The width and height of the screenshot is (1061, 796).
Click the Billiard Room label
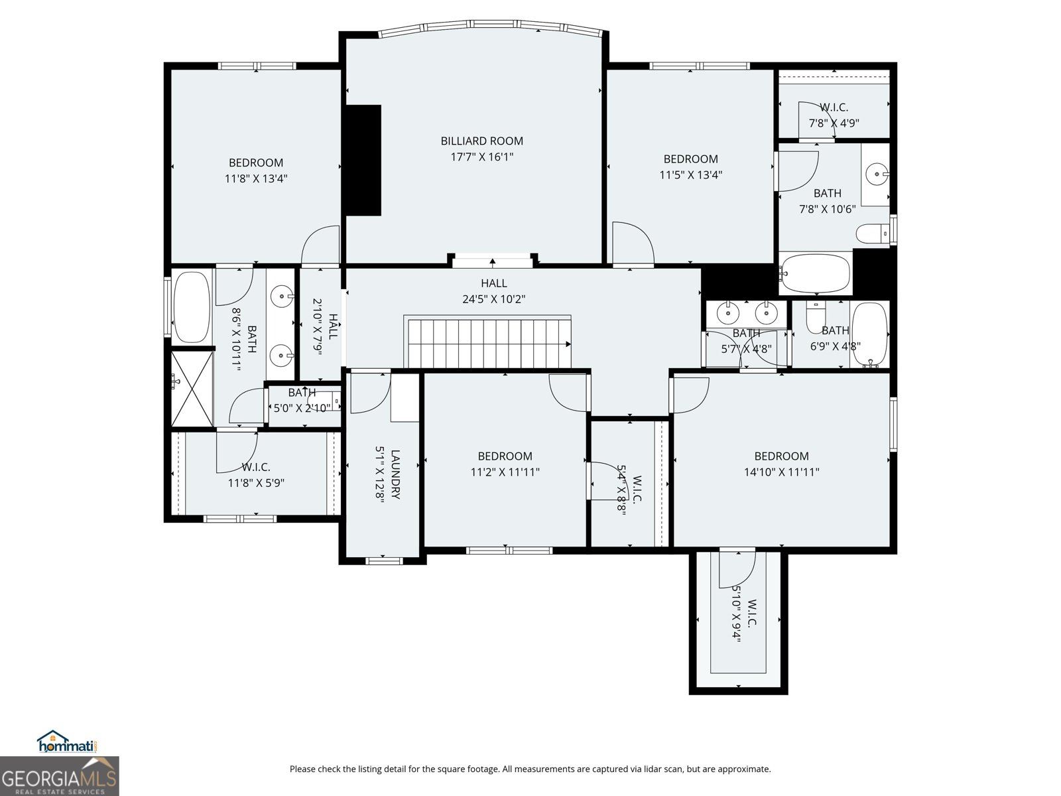[482, 141]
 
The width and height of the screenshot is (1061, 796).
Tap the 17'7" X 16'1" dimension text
[482, 157]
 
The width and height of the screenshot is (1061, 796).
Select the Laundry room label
[395, 474]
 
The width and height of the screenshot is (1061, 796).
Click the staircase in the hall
[489, 342]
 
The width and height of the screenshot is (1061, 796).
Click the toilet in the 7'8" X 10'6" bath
[873, 233]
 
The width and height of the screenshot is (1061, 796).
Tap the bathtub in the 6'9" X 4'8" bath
[869, 334]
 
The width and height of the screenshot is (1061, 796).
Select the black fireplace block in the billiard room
[363, 160]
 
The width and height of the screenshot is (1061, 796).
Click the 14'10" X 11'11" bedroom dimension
[782, 472]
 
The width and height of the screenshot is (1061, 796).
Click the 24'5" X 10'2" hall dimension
[494, 299]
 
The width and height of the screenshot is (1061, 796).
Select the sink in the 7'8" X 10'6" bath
[876, 175]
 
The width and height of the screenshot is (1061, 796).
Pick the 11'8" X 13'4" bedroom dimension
[256, 178]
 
